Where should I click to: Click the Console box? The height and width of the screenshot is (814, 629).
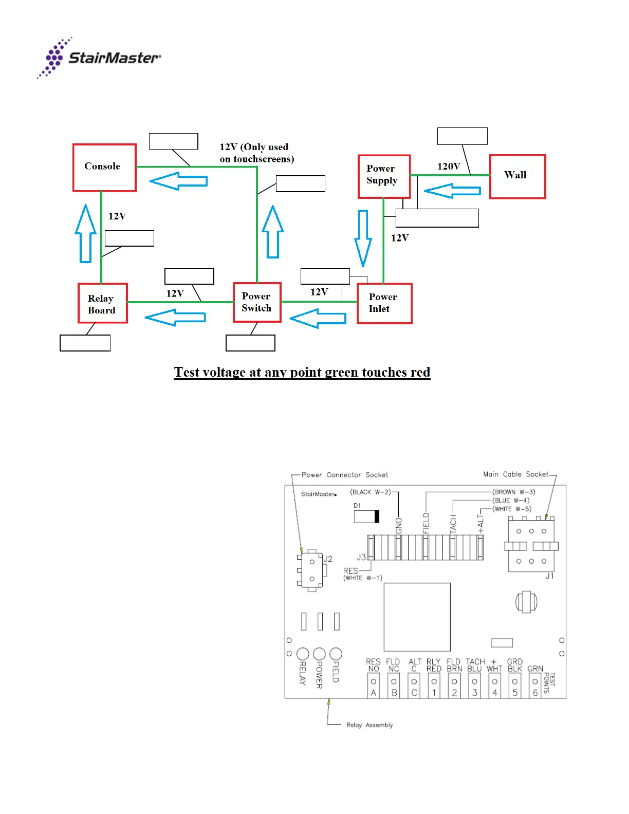point(104,168)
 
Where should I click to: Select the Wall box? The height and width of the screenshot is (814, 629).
point(517,176)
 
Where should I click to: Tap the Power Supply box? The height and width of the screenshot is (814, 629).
point(384,176)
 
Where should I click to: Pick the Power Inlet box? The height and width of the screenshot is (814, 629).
point(384,303)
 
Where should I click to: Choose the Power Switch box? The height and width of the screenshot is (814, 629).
point(257,302)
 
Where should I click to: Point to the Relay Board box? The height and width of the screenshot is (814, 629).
point(103,303)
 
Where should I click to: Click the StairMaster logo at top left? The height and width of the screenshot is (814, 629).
point(99,58)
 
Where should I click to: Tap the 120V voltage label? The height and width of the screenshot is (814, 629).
point(449,166)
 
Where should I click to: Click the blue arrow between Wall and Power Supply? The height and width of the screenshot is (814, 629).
point(452,191)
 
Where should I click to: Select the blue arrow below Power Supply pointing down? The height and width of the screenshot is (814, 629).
point(363,238)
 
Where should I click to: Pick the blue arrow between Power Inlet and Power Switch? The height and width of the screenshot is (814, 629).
point(318,318)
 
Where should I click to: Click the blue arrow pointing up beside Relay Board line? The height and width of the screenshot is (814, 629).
point(85,233)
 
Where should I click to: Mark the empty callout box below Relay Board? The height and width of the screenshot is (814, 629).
point(85,343)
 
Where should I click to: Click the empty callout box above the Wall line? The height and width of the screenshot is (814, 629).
point(462,136)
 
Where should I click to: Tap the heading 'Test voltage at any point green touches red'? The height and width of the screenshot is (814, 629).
point(302,372)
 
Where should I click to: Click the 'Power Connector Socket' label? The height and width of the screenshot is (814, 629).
point(344,475)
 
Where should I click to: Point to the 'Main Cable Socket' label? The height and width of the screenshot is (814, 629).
point(515,474)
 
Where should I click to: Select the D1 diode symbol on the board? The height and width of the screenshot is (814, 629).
point(366,516)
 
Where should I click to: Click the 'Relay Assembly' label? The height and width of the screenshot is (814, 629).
point(369,725)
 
